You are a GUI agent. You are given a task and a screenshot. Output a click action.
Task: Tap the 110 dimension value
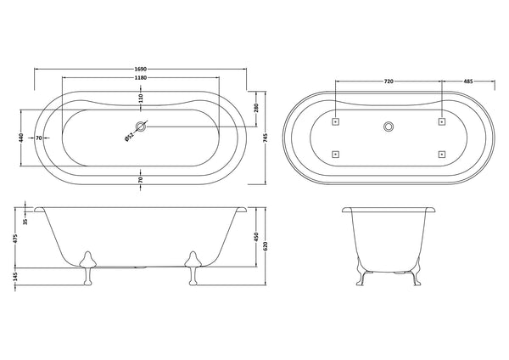[141, 99]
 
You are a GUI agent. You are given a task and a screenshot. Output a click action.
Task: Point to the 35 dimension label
[25, 222]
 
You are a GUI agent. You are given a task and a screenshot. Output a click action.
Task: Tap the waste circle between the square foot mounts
[389, 127]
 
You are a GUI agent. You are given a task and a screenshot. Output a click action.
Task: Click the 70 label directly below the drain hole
[141, 178]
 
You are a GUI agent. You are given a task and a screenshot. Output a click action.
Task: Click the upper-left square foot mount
[336, 121]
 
